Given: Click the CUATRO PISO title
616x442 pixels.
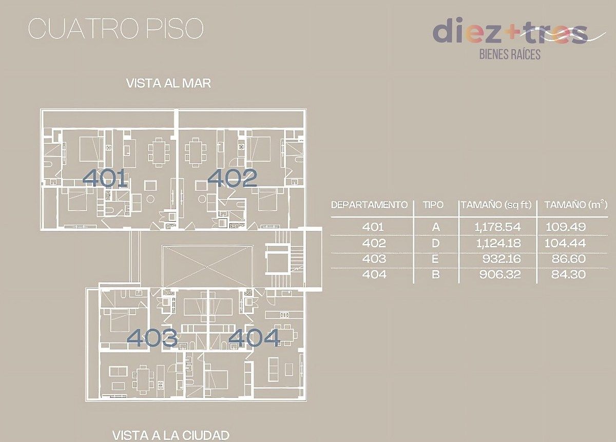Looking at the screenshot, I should point(115,29).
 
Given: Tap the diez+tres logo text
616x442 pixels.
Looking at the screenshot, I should point(509,32).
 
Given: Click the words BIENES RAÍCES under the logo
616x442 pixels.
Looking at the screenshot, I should point(509,53).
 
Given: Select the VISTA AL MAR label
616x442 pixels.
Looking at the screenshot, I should point(168,84).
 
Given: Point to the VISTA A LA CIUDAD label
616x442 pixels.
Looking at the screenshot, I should point(170,435).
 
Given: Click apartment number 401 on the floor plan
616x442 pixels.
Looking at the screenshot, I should point(105,178).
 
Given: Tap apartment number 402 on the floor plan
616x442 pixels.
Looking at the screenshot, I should point(232,178).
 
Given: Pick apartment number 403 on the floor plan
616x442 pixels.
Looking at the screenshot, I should point(152,338).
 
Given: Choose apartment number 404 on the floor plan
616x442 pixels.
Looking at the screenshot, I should point(255,338).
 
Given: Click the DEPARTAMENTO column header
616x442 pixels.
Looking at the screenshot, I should point(370,205).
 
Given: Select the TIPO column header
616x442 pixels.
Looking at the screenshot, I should point(433,205).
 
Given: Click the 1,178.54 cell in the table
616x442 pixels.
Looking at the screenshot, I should point(496,226).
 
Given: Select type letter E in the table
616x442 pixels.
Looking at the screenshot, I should point(435,259).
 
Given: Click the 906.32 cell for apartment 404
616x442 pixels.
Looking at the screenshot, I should point(499,275).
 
